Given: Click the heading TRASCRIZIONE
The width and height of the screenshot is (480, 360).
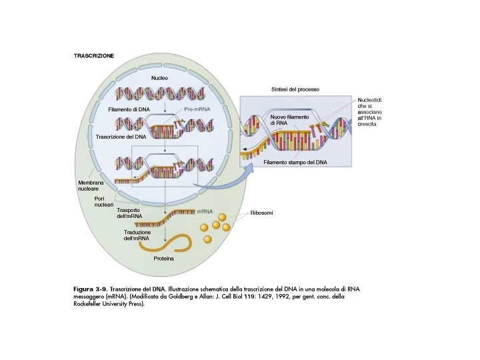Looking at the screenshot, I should pos(94,56).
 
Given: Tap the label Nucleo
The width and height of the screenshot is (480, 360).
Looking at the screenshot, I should pos(159,78).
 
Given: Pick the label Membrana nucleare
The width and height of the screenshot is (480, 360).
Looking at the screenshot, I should pos(90,185).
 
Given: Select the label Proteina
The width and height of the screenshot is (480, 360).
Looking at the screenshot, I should pos(164,258).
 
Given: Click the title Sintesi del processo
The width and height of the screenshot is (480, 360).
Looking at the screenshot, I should pos(295,89).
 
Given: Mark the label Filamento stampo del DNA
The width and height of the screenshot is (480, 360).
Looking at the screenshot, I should pos(295,162).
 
